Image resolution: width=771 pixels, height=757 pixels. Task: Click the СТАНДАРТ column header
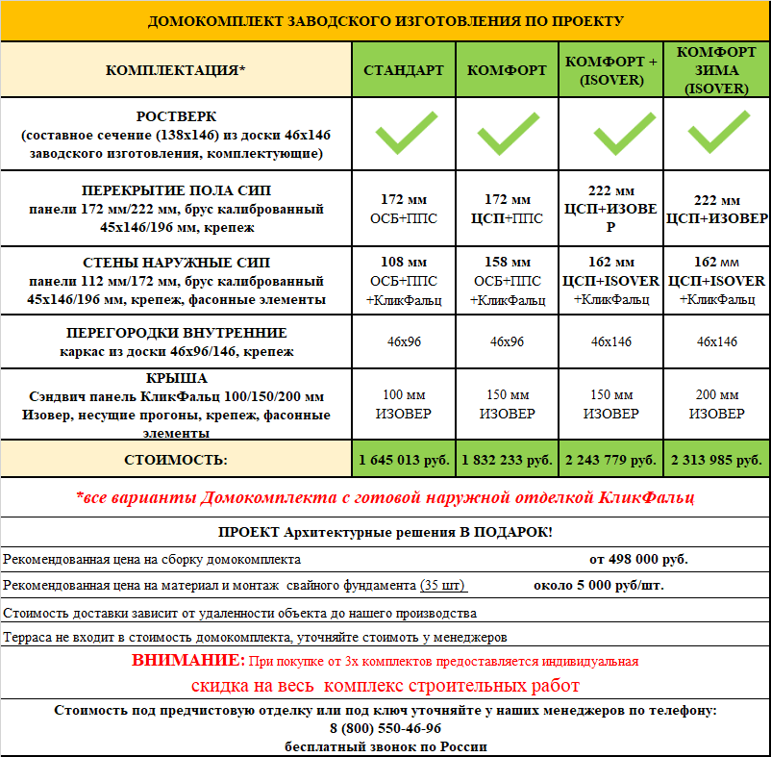pyautogui.click(x=404, y=70)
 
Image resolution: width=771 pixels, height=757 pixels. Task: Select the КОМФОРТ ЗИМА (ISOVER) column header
pyautogui.click(x=716, y=70)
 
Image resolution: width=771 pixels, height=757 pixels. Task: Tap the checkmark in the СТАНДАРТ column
pyautogui.click(x=404, y=134)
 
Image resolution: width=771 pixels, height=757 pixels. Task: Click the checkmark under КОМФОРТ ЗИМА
pyautogui.click(x=716, y=134)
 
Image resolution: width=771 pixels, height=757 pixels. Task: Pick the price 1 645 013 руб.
pyautogui.click(x=404, y=461)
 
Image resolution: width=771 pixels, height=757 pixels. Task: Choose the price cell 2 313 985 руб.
pyautogui.click(x=716, y=461)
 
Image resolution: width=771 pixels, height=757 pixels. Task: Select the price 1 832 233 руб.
pyautogui.click(x=507, y=461)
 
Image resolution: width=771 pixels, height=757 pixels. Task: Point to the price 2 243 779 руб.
pyautogui.click(x=610, y=461)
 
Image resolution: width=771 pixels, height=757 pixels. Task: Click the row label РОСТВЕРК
pyautogui.click(x=177, y=116)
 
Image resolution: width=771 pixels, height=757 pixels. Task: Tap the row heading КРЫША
pyautogui.click(x=177, y=378)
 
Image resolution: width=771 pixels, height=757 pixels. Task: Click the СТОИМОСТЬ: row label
pyautogui.click(x=177, y=461)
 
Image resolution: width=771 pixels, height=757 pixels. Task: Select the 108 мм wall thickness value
pyautogui.click(x=404, y=263)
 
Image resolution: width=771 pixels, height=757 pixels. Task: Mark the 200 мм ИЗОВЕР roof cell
pyautogui.click(x=716, y=404)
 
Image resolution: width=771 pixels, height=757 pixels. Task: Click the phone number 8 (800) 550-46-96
pyautogui.click(x=385, y=728)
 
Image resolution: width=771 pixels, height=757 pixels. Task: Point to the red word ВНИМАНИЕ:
pyautogui.click(x=189, y=661)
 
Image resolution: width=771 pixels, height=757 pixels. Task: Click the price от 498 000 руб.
pyautogui.click(x=638, y=559)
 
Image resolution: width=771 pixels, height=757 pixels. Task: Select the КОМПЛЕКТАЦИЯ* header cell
pyautogui.click(x=176, y=70)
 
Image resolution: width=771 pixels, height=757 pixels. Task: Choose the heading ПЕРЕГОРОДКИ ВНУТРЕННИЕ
pyautogui.click(x=177, y=333)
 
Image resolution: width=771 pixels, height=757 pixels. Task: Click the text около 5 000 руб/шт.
pyautogui.click(x=598, y=585)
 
